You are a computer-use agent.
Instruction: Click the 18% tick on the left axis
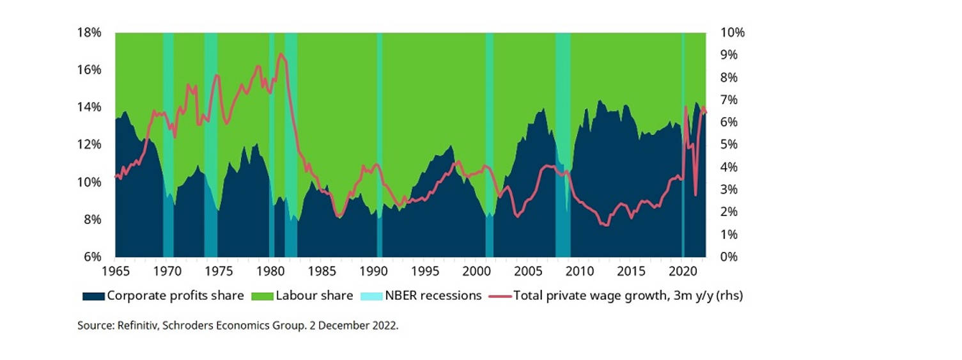89,33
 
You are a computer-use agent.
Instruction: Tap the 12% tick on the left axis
89,145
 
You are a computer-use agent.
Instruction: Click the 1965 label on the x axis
116,271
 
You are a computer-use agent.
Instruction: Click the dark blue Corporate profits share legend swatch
93,296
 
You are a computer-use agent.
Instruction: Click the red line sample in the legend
500,296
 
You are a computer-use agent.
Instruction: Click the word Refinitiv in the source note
136,325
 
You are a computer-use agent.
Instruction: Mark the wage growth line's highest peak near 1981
280,54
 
